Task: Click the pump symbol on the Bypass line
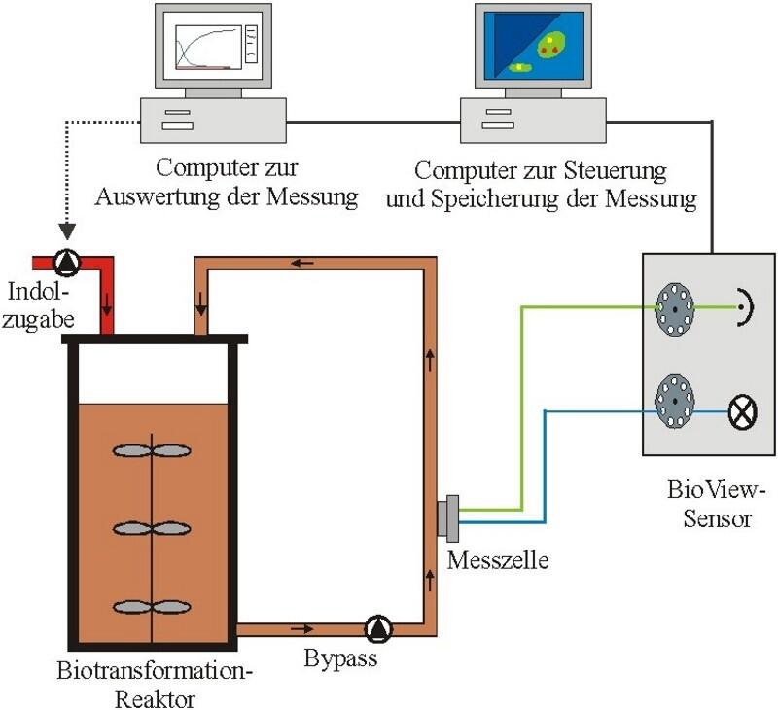click(376, 629)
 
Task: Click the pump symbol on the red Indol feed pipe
click(67, 262)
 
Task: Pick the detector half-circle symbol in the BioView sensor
click(746, 308)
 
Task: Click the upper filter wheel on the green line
click(671, 307)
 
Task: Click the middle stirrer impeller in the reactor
click(153, 528)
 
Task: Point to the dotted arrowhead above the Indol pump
click(67, 234)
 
